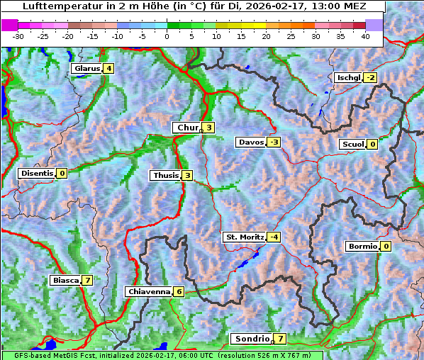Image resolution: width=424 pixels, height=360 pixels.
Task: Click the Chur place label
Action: [x=188, y=128]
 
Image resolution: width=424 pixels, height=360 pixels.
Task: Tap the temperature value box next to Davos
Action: [x=274, y=142]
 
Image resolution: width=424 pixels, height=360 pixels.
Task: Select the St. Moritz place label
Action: [x=244, y=237]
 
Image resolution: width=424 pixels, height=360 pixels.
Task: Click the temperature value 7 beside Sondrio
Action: [x=281, y=339]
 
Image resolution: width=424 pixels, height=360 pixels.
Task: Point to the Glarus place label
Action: [x=86, y=69]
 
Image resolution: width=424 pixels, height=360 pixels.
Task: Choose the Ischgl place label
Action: [x=347, y=77]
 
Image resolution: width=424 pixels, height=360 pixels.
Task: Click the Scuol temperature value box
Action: [x=372, y=145]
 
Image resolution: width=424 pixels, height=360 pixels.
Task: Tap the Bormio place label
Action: [x=362, y=247]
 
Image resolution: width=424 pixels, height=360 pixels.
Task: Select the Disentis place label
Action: [x=37, y=173]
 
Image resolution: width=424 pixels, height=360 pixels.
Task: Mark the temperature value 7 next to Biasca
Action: [x=87, y=281]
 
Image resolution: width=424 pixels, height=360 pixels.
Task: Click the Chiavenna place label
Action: [x=148, y=291]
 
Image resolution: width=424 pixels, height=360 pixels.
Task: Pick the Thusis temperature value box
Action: [x=187, y=176]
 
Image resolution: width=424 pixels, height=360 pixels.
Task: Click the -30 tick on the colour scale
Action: [x=19, y=36]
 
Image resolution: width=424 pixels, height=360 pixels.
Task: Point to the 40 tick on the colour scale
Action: [x=365, y=36]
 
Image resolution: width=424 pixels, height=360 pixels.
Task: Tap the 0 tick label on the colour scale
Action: [x=167, y=36]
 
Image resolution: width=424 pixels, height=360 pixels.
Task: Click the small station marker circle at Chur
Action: [x=202, y=130]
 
